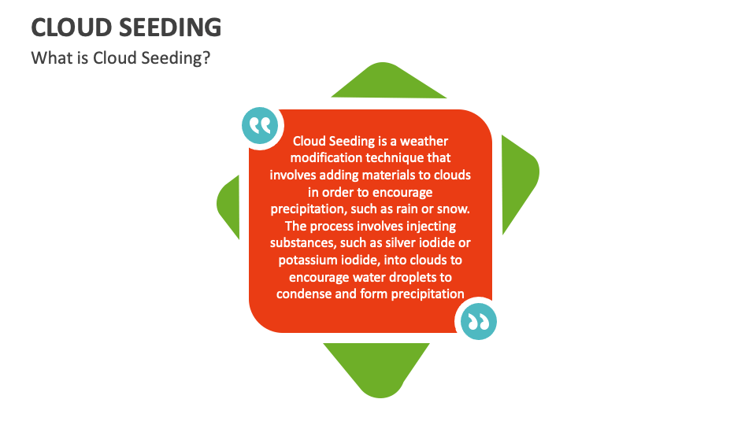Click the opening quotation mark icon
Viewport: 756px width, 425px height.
pyautogui.click(x=260, y=126)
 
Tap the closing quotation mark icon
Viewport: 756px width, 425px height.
pyautogui.click(x=477, y=320)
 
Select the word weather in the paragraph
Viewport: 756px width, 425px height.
pyautogui.click(x=424, y=141)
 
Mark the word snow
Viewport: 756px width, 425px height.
pyautogui.click(x=452, y=209)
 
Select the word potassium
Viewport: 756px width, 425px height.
pyautogui.click(x=307, y=260)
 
